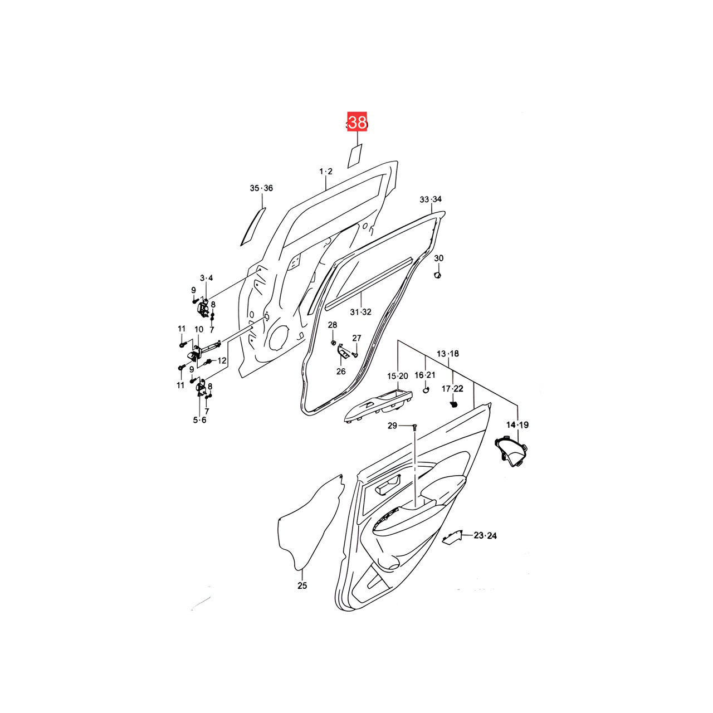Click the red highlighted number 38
[356, 122]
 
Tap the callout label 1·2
[326, 172]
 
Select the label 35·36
[261, 188]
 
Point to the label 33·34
[431, 199]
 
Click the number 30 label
[438, 258]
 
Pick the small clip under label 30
[437, 275]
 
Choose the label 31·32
[361, 312]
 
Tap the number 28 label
[333, 325]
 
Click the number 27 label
[356, 338]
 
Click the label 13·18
[448, 354]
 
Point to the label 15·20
[398, 376]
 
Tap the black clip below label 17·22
[453, 404]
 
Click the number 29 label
[392, 426]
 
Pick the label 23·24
[485, 535]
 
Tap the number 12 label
[222, 360]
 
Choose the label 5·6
[199, 419]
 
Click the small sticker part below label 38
[355, 156]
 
